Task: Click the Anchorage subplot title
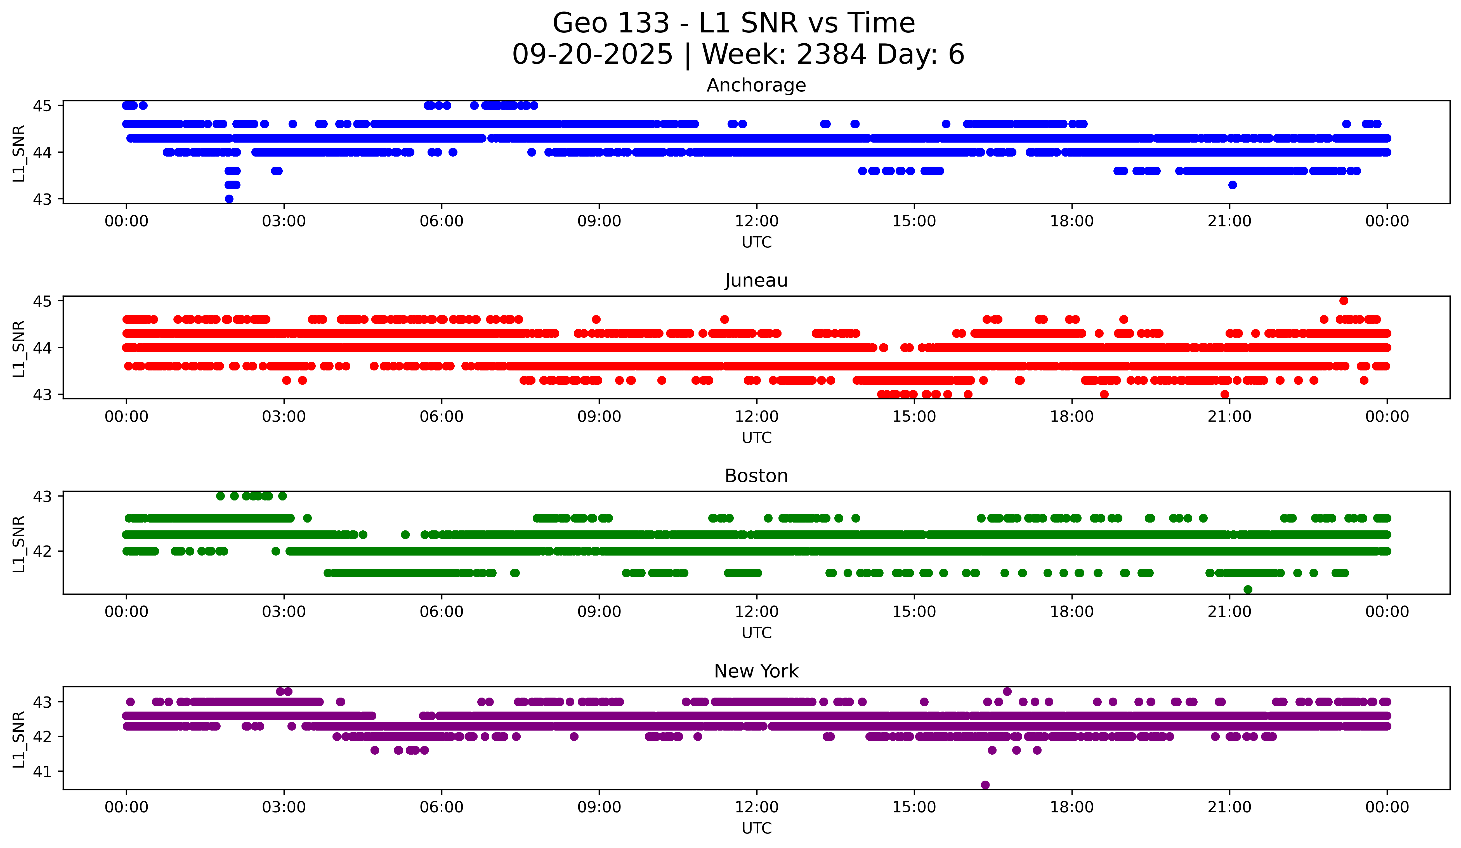point(756,85)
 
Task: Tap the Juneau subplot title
point(756,280)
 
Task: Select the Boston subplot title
point(756,476)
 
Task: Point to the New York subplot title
point(756,671)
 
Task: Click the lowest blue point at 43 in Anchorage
point(229,199)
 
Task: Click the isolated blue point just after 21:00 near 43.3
point(1233,185)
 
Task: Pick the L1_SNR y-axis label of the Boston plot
point(18,544)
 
